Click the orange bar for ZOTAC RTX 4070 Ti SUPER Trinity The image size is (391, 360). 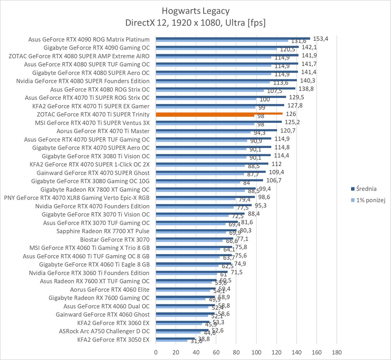point(219,113)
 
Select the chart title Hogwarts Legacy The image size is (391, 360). point(195,11)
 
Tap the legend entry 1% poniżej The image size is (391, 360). point(368,200)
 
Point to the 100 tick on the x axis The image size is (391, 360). point(256,352)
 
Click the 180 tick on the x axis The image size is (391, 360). point(337,352)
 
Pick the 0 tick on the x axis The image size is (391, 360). point(156,352)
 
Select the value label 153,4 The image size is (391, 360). point(321,39)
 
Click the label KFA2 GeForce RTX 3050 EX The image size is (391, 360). point(113,340)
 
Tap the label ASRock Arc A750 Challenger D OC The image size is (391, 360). point(104,331)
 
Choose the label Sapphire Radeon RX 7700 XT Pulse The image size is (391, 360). point(103,231)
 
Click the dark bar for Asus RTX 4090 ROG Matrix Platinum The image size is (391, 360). point(233,38)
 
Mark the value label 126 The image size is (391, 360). point(291,114)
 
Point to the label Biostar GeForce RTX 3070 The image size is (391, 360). point(115,239)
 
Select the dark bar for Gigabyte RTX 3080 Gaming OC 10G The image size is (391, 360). point(209,180)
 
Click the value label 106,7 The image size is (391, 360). point(274,180)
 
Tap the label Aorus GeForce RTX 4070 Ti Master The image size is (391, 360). point(103,131)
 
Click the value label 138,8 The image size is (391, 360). point(306,89)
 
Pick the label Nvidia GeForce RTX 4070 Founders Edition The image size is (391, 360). point(92,206)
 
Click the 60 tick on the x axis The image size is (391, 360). point(216,352)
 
